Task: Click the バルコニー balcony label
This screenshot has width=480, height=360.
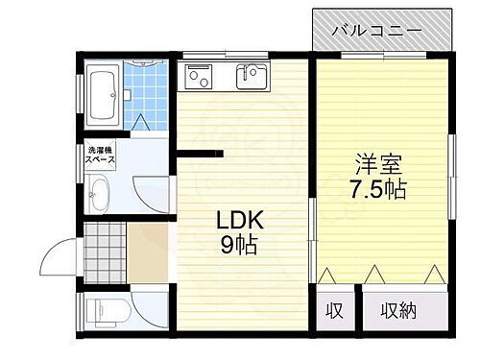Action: click(377, 31)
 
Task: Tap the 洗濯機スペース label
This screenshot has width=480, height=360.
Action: click(101, 156)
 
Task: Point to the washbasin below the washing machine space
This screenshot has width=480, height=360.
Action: click(100, 198)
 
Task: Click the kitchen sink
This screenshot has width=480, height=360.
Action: click(252, 74)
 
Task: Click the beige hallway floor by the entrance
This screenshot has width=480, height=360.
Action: click(148, 254)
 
